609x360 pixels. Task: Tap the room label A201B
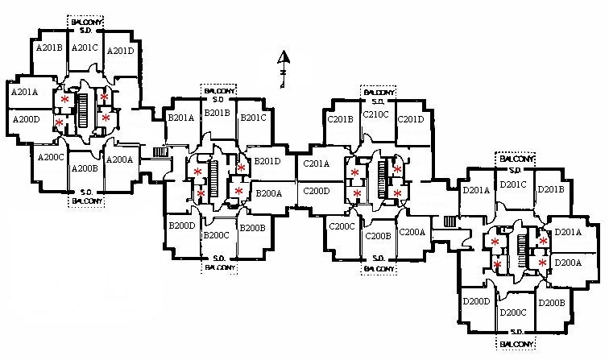coord(50,48)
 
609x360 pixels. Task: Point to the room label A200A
coord(119,159)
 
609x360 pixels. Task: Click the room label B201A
coord(180,118)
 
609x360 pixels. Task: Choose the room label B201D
coord(267,162)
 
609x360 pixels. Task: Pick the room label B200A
coord(268,193)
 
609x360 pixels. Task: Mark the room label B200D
coord(182,226)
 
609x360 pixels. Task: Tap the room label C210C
coord(376,114)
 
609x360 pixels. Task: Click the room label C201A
coord(317,164)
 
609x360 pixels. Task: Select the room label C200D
coord(317,191)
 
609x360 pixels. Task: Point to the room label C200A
coord(411,232)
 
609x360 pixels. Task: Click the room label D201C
coord(512,184)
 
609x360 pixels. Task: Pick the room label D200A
coord(568,263)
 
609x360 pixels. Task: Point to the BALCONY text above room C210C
coord(376,92)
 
